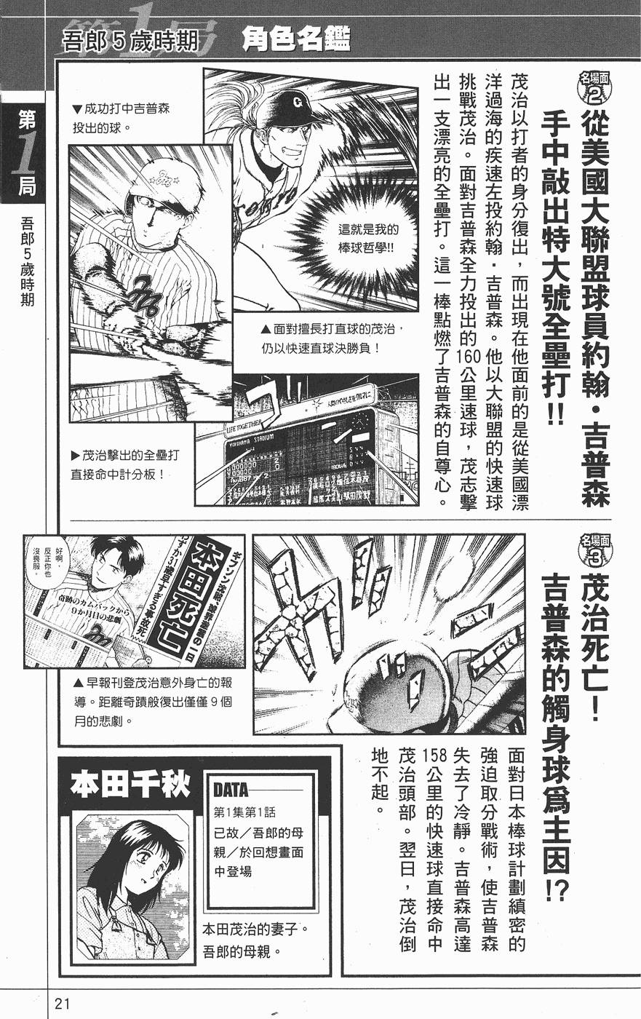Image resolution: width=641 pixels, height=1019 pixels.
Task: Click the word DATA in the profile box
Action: [231, 790]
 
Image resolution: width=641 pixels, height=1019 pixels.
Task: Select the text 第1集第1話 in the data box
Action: [244, 812]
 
